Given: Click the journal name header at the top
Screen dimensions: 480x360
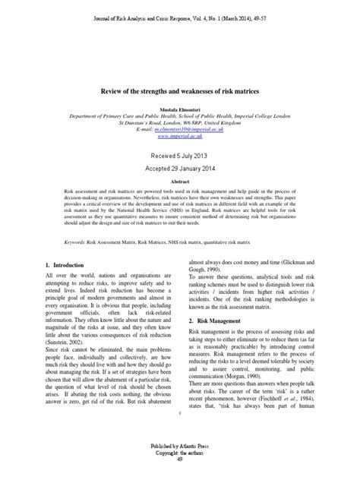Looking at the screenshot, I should (180, 7).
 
